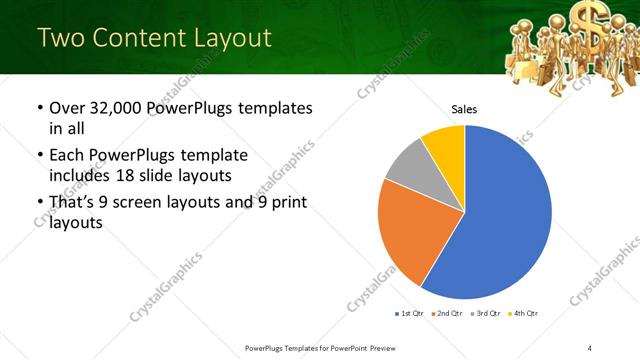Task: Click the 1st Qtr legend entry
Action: click(409, 314)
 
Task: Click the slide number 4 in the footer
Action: click(590, 347)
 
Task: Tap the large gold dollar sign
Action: click(586, 17)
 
